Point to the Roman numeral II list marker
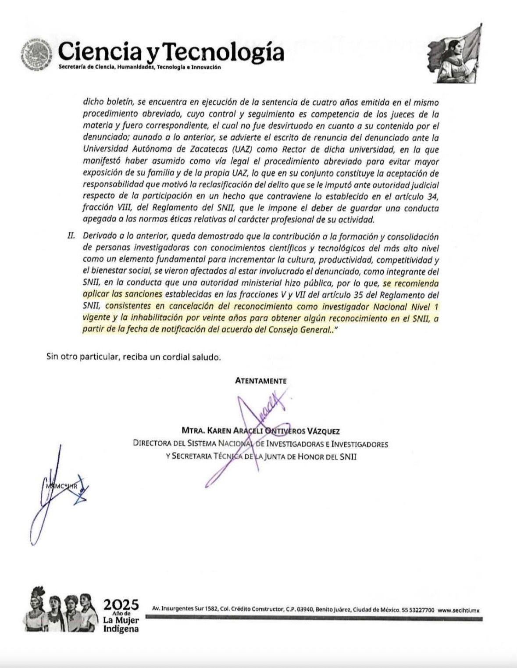pyautogui.click(x=71, y=236)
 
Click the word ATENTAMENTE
pyautogui.click(x=260, y=381)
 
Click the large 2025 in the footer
pyautogui.click(x=121, y=605)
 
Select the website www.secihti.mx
pyautogui.click(x=459, y=610)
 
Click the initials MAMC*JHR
pyautogui.click(x=61, y=486)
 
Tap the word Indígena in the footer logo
pyautogui.click(x=121, y=629)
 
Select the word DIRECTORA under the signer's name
pyautogui.click(x=152, y=444)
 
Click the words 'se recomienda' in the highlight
pyautogui.click(x=410, y=283)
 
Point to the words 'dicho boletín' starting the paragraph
pyautogui.click(x=108, y=102)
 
